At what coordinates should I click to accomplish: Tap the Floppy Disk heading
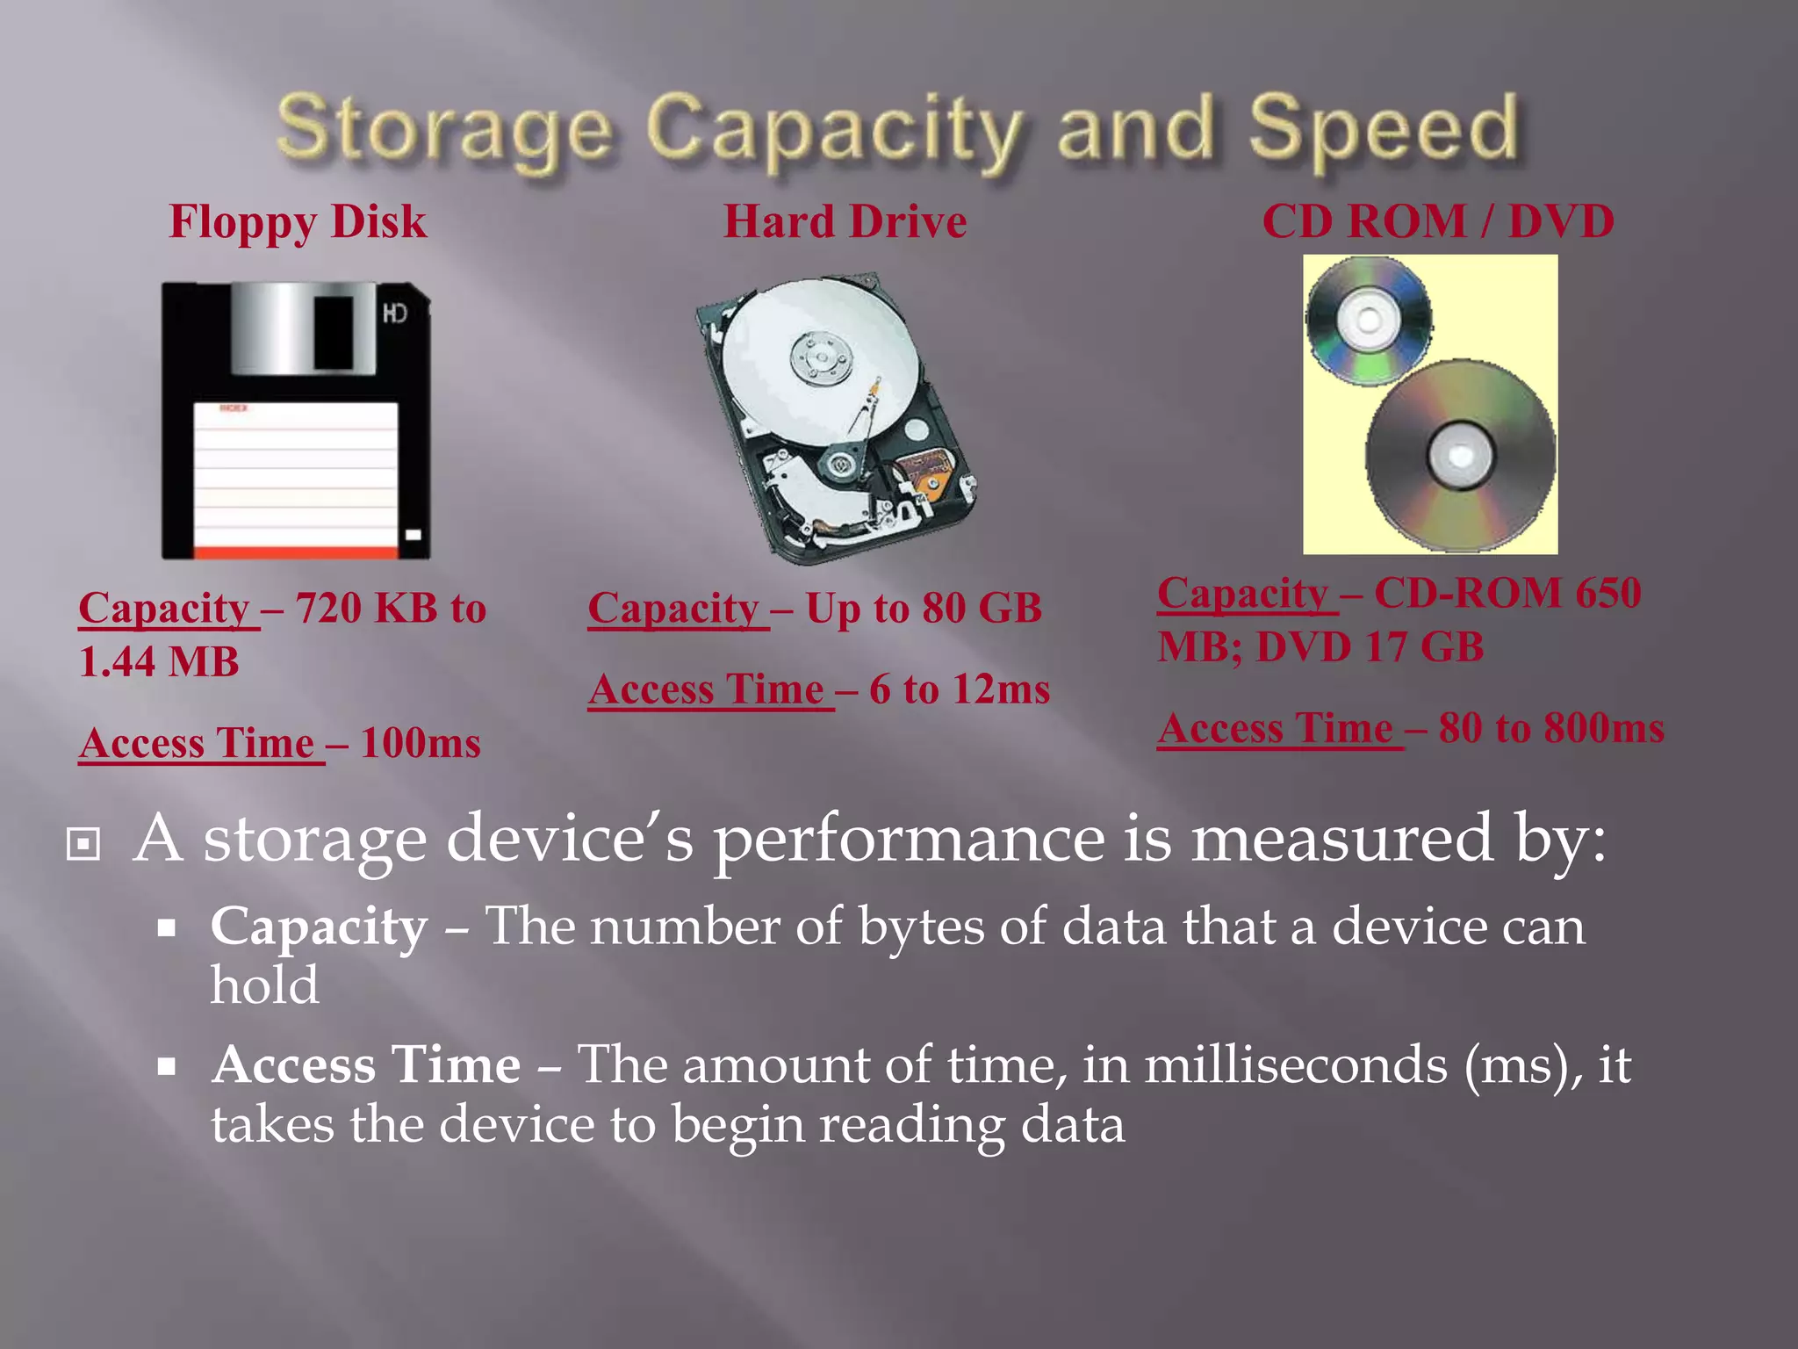[x=298, y=221]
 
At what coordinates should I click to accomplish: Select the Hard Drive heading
[x=845, y=221]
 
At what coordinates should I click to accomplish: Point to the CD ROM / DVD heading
[x=1437, y=221]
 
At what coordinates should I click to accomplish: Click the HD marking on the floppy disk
[x=395, y=314]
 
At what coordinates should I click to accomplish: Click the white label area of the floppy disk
[x=295, y=474]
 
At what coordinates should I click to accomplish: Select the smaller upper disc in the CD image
[x=1368, y=320]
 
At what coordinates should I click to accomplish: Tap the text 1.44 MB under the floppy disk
[x=159, y=662]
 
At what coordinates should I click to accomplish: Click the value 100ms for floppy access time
[x=421, y=743]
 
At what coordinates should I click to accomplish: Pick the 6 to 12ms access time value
[x=960, y=689]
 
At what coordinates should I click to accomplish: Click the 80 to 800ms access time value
[x=1551, y=728]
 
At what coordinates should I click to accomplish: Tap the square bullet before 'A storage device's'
[x=83, y=845]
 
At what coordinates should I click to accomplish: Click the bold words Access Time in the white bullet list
[x=367, y=1065]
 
